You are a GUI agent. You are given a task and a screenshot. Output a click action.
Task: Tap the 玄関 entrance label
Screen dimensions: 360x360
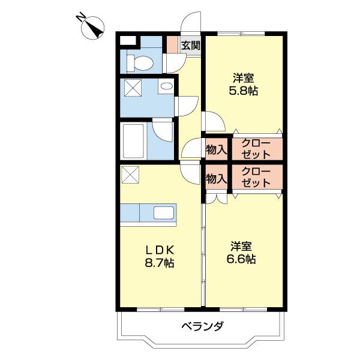pyautogui.click(x=191, y=45)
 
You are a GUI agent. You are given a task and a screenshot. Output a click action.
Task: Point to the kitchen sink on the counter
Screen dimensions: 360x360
pyautogui.click(x=164, y=213)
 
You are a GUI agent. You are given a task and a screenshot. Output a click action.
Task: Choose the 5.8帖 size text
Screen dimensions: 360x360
pyautogui.click(x=244, y=92)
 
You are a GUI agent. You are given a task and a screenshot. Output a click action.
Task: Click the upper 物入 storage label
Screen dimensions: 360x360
pyautogui.click(x=216, y=149)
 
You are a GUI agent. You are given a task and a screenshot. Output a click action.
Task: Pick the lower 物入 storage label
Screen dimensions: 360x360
pyautogui.click(x=216, y=178)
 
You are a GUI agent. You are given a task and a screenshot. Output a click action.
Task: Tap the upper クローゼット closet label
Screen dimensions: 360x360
pyautogui.click(x=256, y=149)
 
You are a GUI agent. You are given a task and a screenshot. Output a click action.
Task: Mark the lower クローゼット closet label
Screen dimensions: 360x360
pyautogui.click(x=256, y=178)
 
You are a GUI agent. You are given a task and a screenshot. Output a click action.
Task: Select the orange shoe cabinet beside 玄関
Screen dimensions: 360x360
pyautogui.click(x=172, y=45)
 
